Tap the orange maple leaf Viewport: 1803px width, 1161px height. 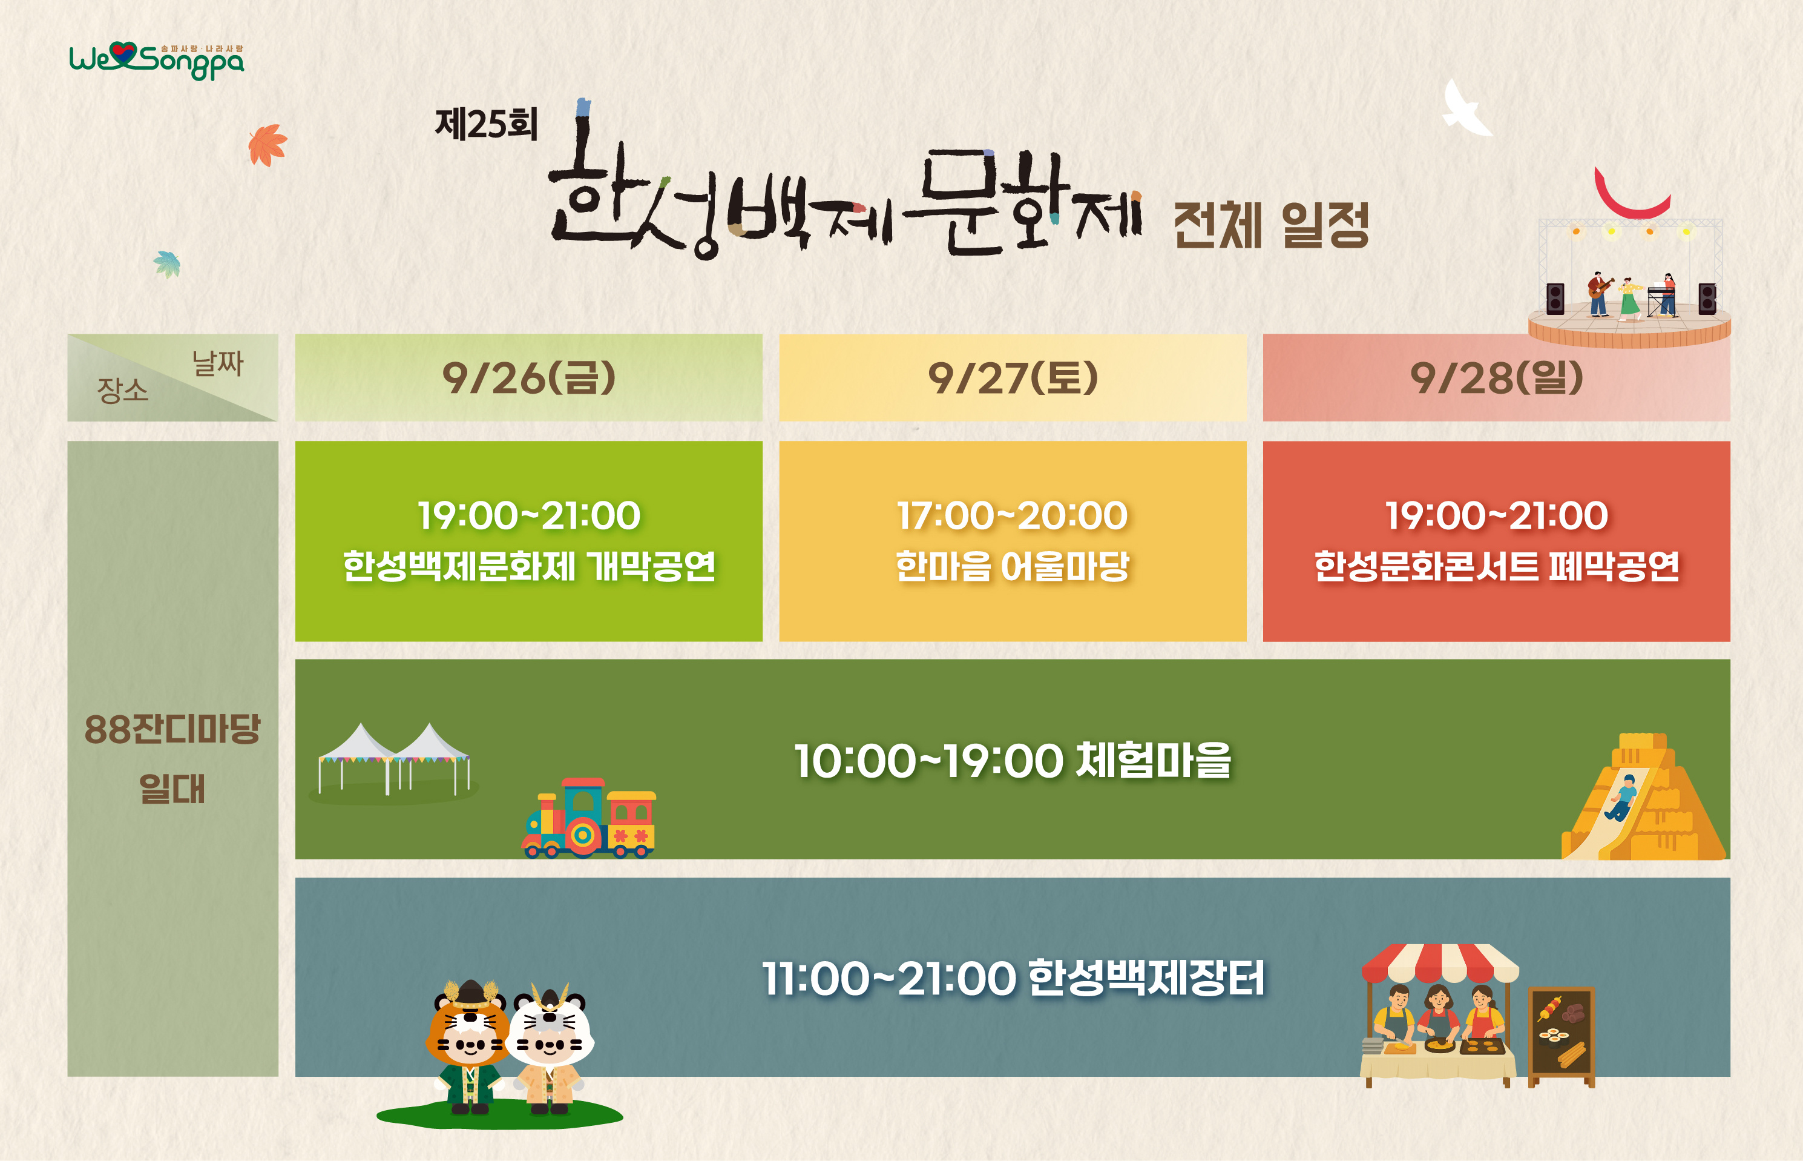[267, 145]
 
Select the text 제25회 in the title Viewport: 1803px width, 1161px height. [486, 124]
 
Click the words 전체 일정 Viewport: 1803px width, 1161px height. [1270, 225]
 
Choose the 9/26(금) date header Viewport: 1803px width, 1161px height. [528, 378]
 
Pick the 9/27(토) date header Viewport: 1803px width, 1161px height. [1012, 378]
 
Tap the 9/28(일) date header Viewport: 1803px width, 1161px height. [1496, 378]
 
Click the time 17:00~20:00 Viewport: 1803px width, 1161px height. [1012, 515]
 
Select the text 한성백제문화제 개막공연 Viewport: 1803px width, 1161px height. [528, 566]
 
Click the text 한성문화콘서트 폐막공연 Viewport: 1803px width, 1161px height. [1496, 566]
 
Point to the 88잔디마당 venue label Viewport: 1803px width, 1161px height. [172, 730]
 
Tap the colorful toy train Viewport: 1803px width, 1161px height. [588, 819]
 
